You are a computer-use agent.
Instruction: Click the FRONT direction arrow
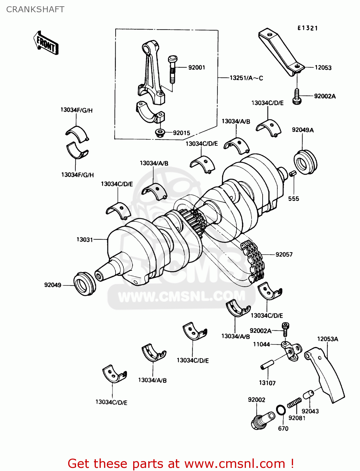(46, 43)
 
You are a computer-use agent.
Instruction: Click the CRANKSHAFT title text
(35, 9)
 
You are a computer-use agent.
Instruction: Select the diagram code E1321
(308, 28)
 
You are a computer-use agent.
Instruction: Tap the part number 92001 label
(197, 68)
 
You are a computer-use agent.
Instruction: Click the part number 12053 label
(323, 68)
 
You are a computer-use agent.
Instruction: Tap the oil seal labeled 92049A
(305, 162)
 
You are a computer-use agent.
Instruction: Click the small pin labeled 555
(292, 174)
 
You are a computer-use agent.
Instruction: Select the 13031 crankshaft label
(85, 240)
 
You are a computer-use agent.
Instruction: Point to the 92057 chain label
(284, 255)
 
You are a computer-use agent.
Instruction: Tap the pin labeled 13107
(267, 365)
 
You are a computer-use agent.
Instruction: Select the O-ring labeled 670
(281, 410)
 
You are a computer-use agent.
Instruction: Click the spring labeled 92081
(294, 403)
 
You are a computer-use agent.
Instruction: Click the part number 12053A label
(327, 339)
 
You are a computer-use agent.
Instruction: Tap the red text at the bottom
(181, 463)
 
